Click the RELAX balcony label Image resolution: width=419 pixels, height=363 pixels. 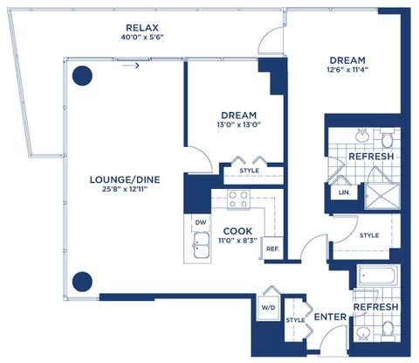pos(142,28)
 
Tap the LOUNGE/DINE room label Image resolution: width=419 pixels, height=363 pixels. pos(125,179)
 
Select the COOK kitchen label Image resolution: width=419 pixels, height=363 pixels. pos(237,231)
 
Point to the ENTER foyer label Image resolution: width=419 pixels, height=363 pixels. pos(330,317)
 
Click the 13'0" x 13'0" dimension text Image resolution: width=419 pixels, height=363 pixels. pos(238,125)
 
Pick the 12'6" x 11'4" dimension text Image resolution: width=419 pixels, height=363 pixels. pos(347,70)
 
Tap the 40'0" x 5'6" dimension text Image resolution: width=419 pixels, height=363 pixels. pos(142,38)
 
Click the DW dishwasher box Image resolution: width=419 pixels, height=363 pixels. pos(201,223)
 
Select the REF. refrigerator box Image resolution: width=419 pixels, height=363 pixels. pos(272,248)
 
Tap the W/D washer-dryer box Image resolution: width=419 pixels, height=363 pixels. pos(268,307)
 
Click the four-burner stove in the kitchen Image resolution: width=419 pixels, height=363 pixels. pos(238,199)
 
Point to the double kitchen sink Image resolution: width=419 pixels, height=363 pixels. pos(202,245)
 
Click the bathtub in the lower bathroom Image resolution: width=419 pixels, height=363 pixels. pos(377,276)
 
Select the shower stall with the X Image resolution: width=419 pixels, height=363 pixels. pos(382,196)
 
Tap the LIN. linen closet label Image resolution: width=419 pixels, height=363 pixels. pos(345,192)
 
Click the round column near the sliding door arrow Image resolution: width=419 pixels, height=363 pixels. pos(82,76)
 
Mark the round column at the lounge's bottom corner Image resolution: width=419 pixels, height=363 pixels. pos(82,282)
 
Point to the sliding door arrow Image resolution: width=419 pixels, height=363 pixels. pos(131,66)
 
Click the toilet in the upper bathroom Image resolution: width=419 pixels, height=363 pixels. pos(387,139)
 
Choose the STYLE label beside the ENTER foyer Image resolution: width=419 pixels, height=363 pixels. pos(295,320)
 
